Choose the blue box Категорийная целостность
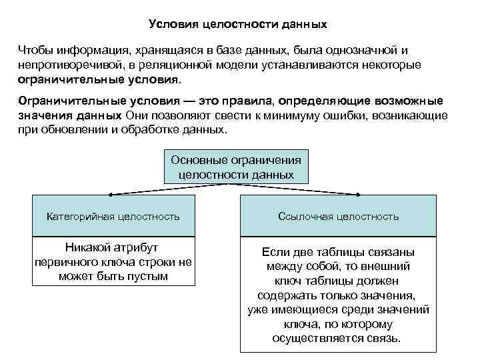click(113, 216)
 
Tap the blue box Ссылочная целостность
click(338, 216)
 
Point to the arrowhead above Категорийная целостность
click(111, 194)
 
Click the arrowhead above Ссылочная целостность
click(359, 194)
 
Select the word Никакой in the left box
click(86, 247)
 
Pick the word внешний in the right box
click(397, 267)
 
